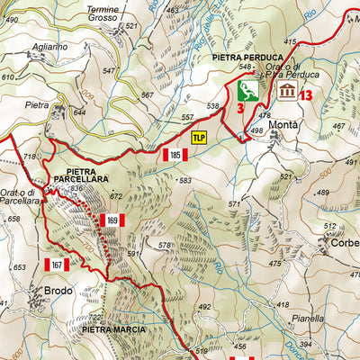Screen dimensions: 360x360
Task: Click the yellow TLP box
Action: (x=199, y=137)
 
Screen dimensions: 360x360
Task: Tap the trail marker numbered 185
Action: (x=175, y=156)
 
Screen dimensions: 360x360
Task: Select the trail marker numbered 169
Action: (x=112, y=220)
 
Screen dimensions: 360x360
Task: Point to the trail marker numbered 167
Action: (x=57, y=265)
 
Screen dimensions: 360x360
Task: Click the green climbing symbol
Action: (x=248, y=89)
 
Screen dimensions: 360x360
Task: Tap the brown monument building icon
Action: (x=287, y=91)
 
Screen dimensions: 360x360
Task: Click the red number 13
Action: (x=307, y=93)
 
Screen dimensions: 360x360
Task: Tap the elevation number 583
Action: (x=185, y=181)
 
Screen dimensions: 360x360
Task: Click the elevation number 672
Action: (x=115, y=196)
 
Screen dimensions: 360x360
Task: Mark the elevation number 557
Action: (x=187, y=118)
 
